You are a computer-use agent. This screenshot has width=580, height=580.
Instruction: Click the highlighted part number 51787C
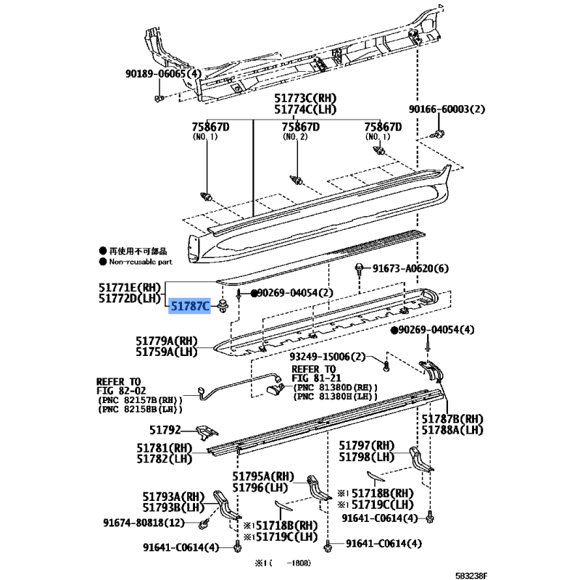[190, 306]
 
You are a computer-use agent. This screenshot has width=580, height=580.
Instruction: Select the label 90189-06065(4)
[163, 74]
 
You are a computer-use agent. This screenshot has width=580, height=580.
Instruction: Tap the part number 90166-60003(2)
[447, 109]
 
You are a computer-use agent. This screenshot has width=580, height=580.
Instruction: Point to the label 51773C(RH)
[305, 98]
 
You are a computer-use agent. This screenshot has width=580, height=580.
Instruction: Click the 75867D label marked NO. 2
[300, 127]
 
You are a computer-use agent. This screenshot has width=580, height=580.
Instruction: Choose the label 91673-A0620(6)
[410, 268]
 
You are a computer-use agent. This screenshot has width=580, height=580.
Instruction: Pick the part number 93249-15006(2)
[328, 357]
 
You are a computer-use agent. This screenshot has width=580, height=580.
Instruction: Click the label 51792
[165, 430]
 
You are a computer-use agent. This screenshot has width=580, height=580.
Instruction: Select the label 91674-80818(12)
[144, 523]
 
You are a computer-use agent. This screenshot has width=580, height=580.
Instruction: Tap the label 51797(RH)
[367, 445]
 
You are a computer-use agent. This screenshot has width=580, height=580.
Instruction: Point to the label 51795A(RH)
[263, 476]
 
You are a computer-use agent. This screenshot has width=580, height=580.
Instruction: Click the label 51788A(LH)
[452, 430]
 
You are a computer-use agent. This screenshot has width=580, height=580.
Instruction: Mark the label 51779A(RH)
[167, 341]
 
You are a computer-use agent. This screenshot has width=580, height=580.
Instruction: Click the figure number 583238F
[471, 575]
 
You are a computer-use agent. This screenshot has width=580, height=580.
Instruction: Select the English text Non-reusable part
[141, 262]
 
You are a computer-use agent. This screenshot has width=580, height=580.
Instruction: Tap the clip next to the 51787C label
[223, 307]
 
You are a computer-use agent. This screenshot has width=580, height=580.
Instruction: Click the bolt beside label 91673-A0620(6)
[359, 270]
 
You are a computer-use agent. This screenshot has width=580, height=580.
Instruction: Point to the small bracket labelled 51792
[207, 431]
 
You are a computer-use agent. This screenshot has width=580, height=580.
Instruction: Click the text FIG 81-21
[316, 378]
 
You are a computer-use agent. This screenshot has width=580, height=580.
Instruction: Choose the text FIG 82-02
[121, 391]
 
